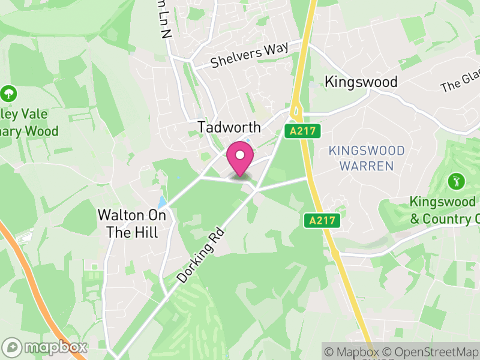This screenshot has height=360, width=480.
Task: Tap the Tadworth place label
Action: [230, 127]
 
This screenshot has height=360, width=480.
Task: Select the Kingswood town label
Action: [361, 82]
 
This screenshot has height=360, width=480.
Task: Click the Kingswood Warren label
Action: [367, 158]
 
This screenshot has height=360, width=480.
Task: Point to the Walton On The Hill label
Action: [128, 223]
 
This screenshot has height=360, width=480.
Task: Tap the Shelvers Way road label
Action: [249, 55]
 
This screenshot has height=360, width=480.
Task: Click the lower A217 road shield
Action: [321, 220]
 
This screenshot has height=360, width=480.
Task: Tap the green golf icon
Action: [455, 180]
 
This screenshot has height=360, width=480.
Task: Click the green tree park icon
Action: [8, 94]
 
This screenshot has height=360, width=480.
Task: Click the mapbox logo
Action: [46, 347]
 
